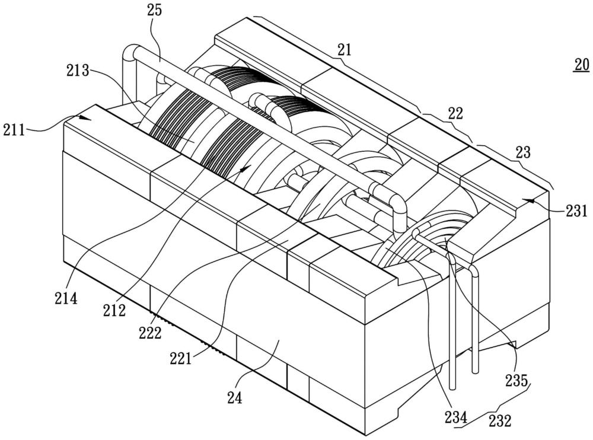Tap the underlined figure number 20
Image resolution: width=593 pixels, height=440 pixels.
click(x=581, y=64)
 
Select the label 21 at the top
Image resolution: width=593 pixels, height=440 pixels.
click(x=345, y=50)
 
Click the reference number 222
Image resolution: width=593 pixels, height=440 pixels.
click(x=151, y=334)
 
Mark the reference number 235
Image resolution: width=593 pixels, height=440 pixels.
click(x=517, y=380)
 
